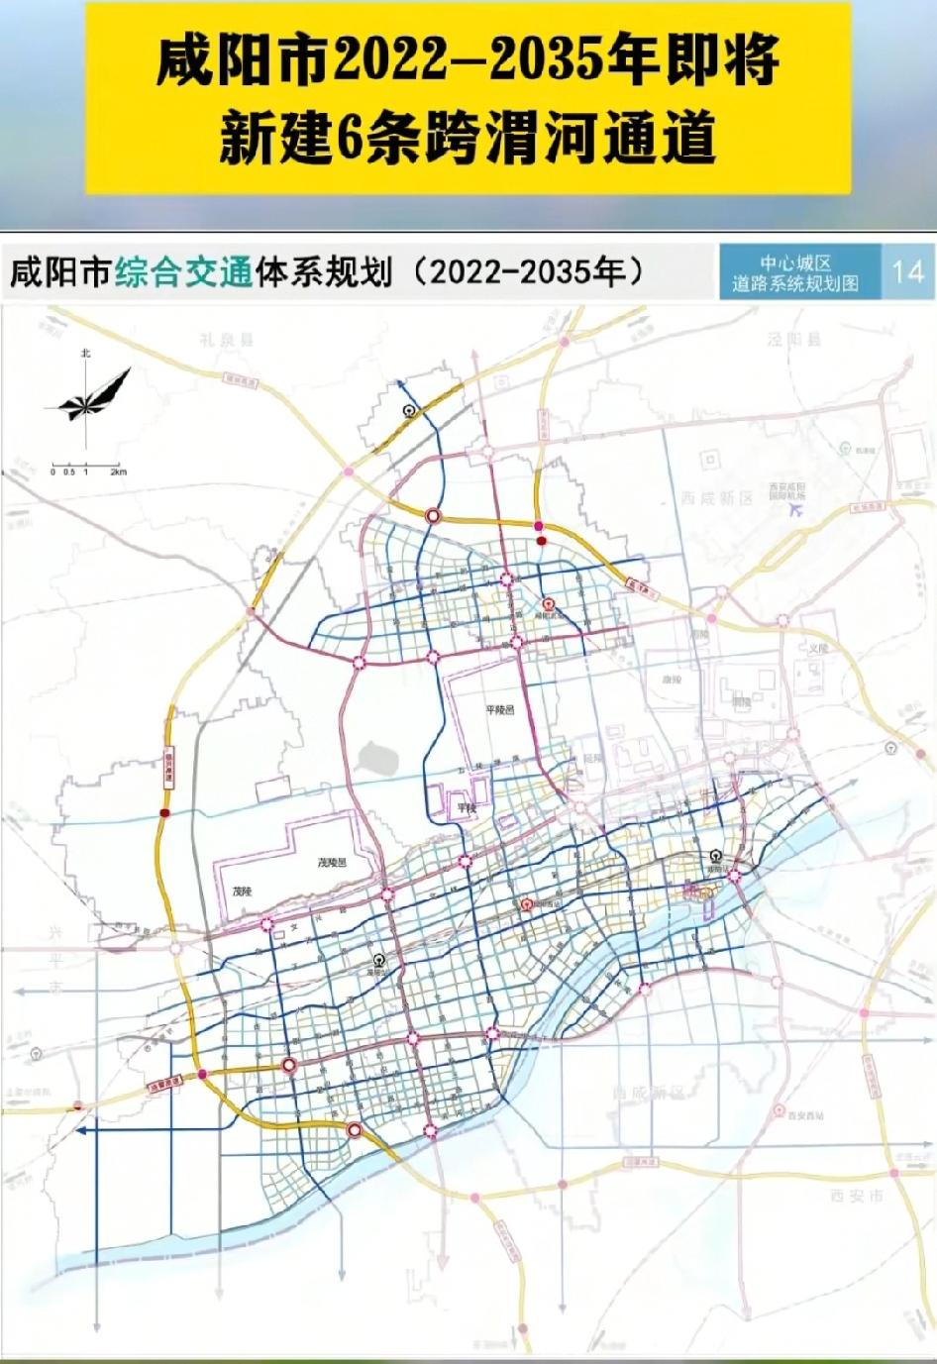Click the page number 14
pos(907,271)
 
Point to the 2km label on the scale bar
pos(119,472)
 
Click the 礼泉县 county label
pos(226,340)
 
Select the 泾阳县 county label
pos(794,339)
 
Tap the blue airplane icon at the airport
pos(794,509)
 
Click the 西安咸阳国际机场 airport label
pos(787,490)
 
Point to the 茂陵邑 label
pos(333,863)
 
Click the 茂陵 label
pos(243,892)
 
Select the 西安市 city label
pos(857,1197)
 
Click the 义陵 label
pos(817,648)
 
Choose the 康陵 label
pos(673,681)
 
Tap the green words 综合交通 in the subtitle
pos(183,272)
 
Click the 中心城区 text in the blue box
pos(795,263)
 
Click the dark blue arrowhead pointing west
pos(81,1130)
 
